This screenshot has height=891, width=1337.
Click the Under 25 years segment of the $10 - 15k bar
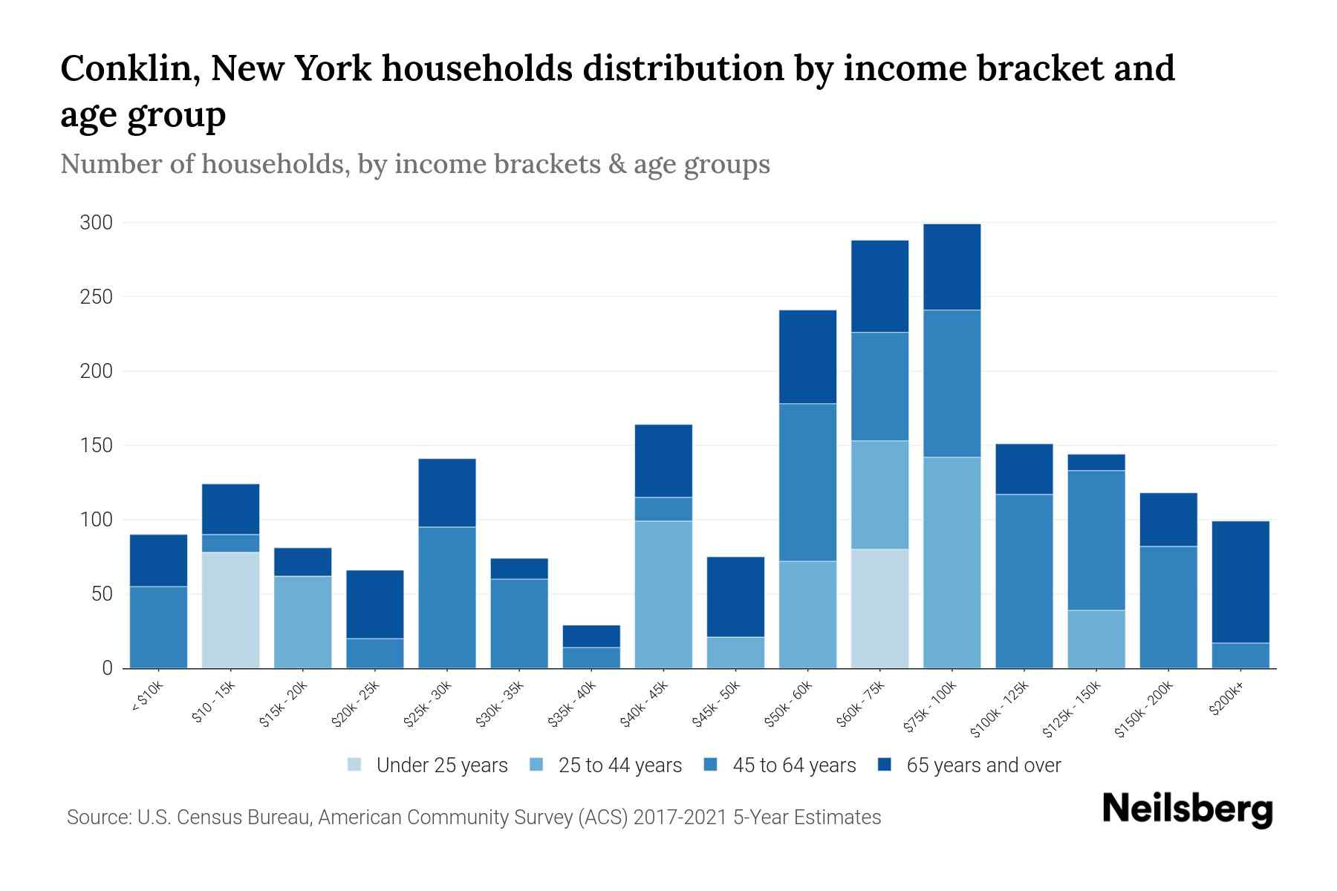click(230, 610)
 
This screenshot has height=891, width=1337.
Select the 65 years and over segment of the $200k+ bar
click(1240, 581)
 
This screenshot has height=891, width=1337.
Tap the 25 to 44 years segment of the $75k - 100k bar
click(951, 562)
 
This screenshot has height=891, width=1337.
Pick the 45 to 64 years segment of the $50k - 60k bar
click(807, 482)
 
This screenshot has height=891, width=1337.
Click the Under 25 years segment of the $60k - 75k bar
click(879, 608)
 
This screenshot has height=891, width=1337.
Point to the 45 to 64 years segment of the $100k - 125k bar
click(1024, 581)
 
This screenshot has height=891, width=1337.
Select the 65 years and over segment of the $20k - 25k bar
click(374, 604)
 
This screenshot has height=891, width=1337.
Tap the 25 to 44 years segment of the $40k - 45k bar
click(663, 594)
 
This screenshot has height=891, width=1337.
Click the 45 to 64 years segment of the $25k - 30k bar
click(446, 597)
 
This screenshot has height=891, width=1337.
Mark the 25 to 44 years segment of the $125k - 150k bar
click(1096, 639)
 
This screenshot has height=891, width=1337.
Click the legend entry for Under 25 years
click(441, 766)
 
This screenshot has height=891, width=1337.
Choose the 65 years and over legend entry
click(983, 766)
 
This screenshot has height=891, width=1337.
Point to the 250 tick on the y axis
click(96, 297)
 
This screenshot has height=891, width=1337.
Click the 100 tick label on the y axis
click(96, 520)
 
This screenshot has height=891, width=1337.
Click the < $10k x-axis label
click(148, 697)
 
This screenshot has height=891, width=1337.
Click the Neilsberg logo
click(1187, 809)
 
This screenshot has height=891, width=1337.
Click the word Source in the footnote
click(97, 817)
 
